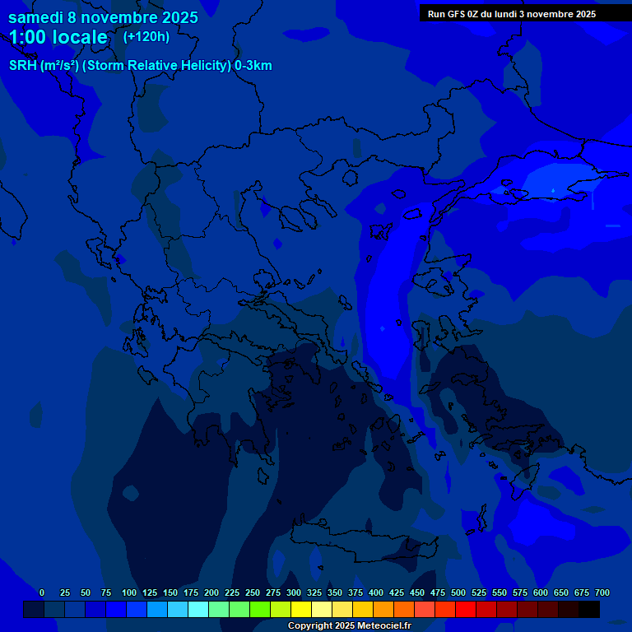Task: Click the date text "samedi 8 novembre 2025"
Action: click(103, 17)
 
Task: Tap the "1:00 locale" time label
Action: click(58, 37)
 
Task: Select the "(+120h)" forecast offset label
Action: click(146, 36)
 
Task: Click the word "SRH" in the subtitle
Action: click(23, 66)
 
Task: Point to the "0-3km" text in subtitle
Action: click(253, 66)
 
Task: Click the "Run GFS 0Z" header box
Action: click(511, 13)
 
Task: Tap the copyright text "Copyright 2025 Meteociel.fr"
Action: click(349, 625)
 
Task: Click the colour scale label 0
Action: click(42, 592)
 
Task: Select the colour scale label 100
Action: click(129, 592)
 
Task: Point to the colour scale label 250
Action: click(253, 592)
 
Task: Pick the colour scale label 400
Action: click(376, 592)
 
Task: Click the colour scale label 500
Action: click(458, 592)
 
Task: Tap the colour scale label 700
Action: click(602, 592)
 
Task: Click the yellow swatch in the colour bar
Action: click(301, 609)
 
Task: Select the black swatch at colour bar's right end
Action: click(589, 609)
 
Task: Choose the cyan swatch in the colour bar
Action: click(198, 609)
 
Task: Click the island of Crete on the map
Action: click(362, 539)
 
